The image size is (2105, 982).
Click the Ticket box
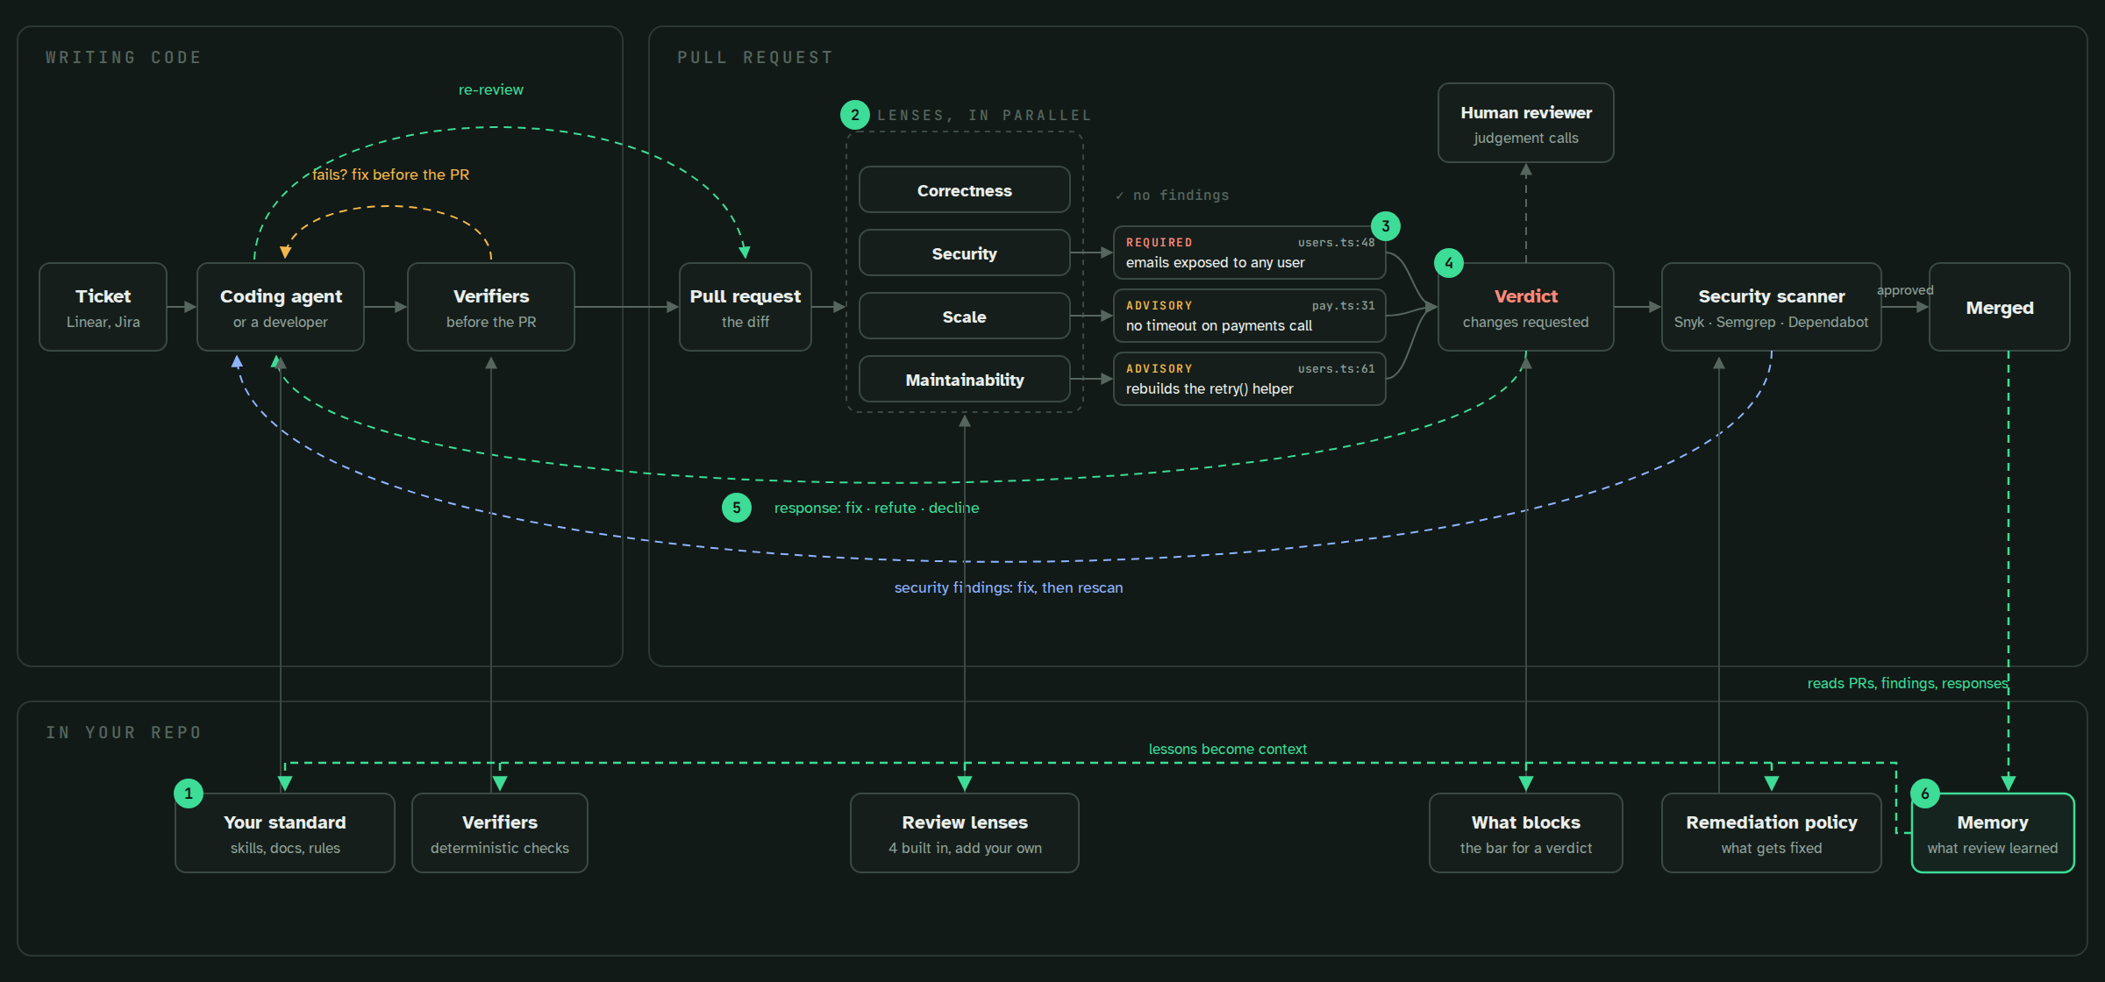103,307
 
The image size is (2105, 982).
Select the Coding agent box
281,307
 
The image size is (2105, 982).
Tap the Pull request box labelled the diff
746,307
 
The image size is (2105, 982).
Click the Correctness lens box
965,189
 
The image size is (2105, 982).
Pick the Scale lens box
965,316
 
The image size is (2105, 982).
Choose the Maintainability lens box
965,379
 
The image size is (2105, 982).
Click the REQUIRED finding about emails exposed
1250,253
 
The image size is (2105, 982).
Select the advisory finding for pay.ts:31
1250,316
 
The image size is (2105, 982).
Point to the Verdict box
1526,307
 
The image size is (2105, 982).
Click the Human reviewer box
1526,123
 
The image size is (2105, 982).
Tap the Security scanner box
1772,307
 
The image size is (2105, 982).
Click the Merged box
2000,307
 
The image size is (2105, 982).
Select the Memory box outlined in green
1993,833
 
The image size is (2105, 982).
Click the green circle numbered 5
737,508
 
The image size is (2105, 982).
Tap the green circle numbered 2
855,115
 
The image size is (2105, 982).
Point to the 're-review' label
491,89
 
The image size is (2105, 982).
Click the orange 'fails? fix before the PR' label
391,174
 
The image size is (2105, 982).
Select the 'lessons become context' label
1228,749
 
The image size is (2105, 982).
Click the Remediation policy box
1772,833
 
